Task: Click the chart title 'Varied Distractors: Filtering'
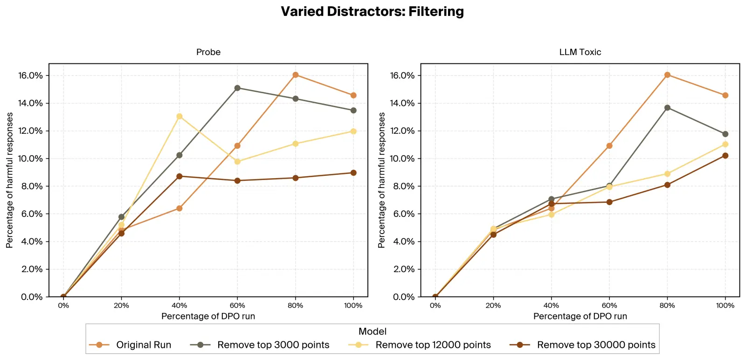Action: click(x=372, y=12)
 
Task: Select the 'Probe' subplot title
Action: click(x=208, y=52)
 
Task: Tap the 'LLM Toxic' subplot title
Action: click(x=580, y=52)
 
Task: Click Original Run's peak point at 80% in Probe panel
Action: click(x=295, y=75)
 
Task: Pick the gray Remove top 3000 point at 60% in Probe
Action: click(x=237, y=88)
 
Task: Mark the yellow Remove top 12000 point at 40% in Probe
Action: click(x=180, y=116)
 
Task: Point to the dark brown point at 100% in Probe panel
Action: click(x=353, y=173)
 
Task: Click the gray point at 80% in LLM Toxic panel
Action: click(x=667, y=108)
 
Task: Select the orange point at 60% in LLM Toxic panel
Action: click(x=609, y=146)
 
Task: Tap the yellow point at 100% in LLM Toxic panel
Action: click(x=725, y=144)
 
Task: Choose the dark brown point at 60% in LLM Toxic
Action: click(x=609, y=202)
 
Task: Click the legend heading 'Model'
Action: click(x=372, y=332)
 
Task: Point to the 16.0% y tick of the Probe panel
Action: click(x=30, y=76)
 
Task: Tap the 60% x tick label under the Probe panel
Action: click(x=237, y=305)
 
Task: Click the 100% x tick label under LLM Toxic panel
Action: click(x=725, y=305)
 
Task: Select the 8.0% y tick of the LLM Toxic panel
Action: click(x=402, y=186)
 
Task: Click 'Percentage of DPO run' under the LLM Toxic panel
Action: click(x=580, y=316)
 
